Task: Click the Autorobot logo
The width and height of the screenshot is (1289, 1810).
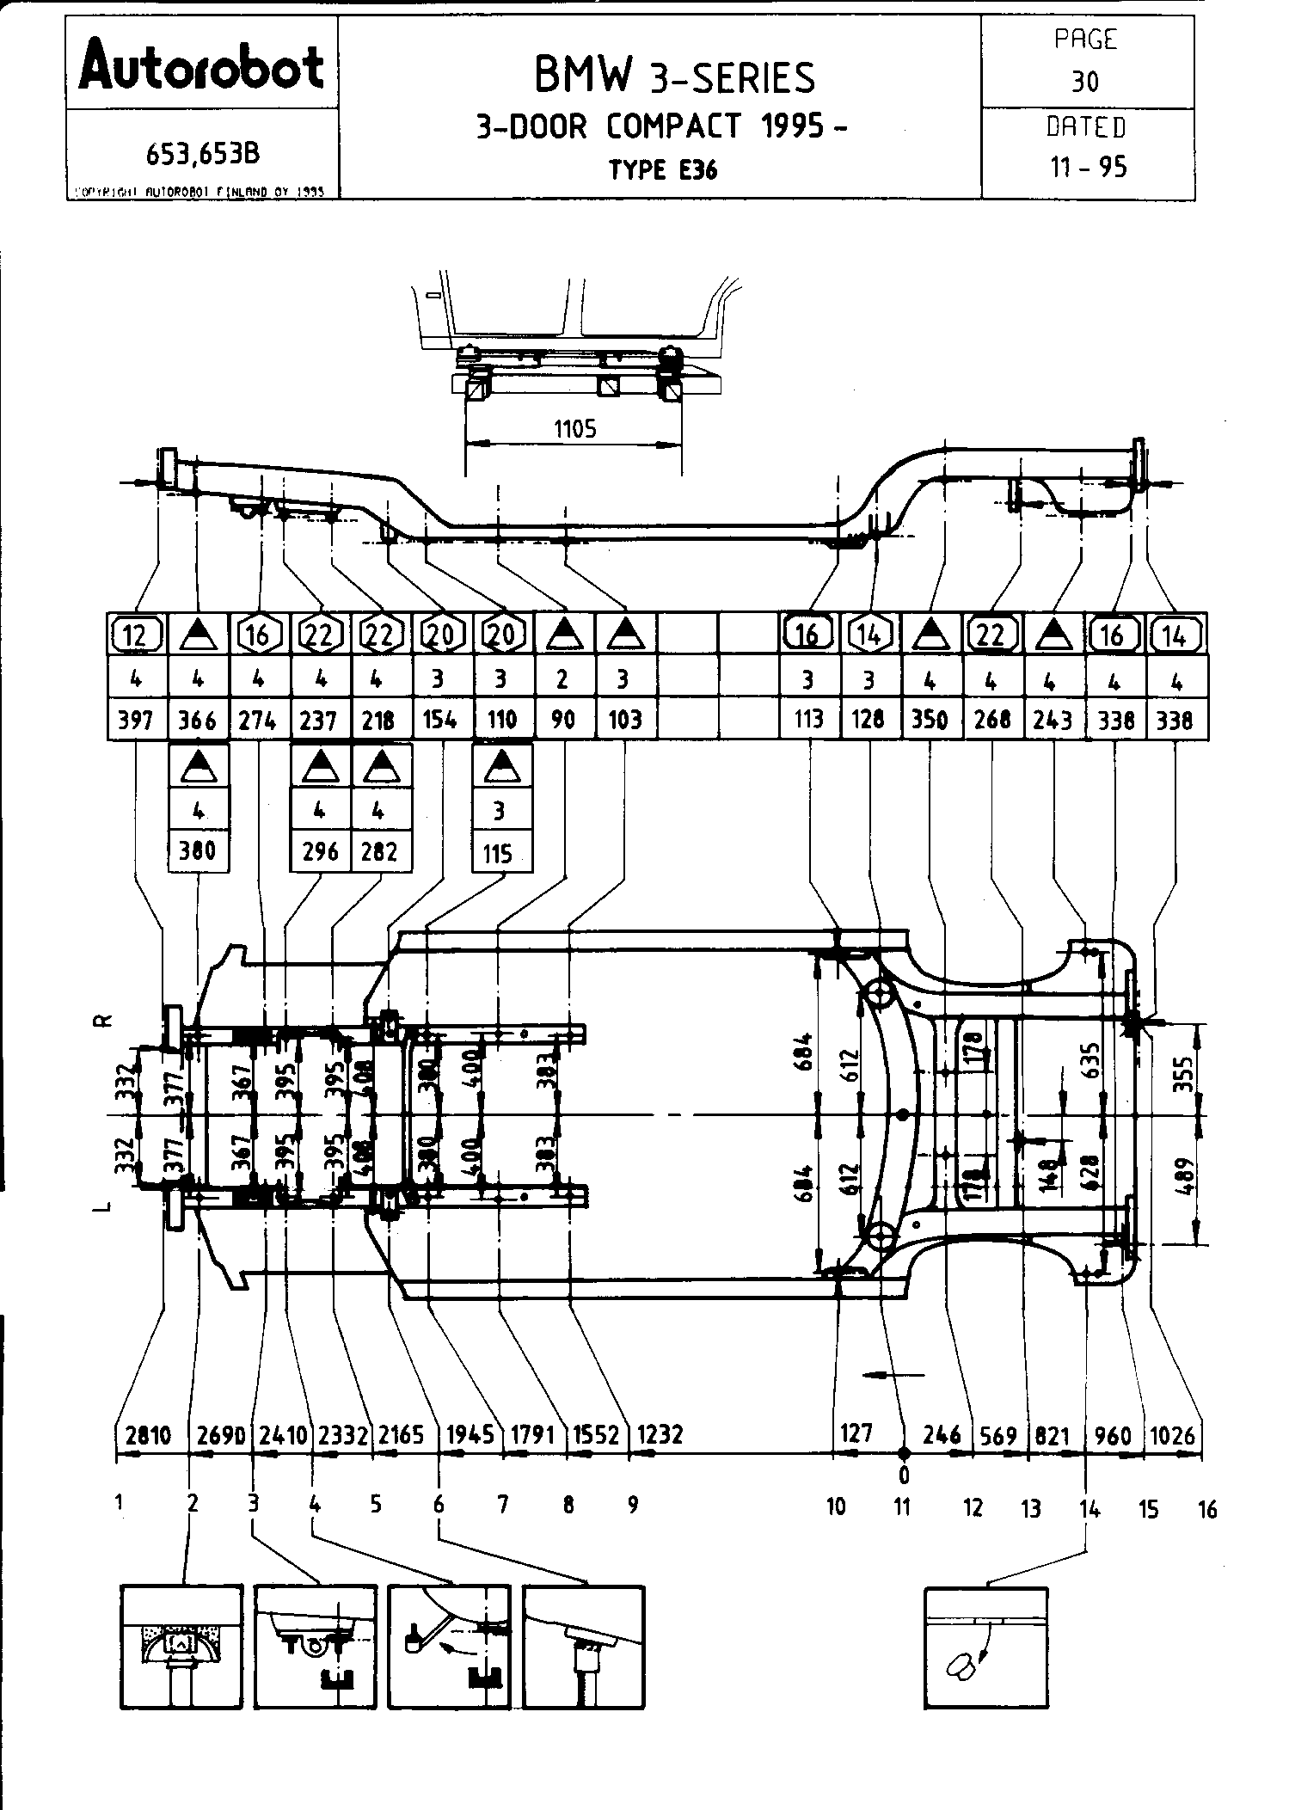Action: (201, 66)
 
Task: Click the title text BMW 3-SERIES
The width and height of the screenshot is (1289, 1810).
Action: (674, 77)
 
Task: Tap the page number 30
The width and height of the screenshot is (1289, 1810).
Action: (1085, 82)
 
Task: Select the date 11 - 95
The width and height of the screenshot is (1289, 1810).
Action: (1087, 166)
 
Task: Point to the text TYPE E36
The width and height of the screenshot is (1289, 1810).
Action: (663, 169)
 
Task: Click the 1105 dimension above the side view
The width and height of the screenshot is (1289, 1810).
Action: (574, 429)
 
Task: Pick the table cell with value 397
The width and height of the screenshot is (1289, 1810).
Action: (136, 719)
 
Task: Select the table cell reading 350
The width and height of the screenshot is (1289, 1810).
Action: (930, 719)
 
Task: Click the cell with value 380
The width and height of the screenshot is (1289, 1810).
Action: (198, 851)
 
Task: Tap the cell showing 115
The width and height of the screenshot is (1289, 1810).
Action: (499, 853)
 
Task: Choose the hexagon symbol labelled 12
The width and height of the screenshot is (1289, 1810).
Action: (136, 635)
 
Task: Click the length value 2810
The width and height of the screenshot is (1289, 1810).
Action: (150, 1435)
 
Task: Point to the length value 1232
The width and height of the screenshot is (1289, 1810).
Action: (660, 1435)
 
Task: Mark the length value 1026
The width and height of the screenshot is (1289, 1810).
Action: (1173, 1435)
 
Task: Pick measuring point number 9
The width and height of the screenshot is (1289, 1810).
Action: (633, 1505)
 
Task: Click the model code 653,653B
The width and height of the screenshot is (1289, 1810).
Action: (203, 154)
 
